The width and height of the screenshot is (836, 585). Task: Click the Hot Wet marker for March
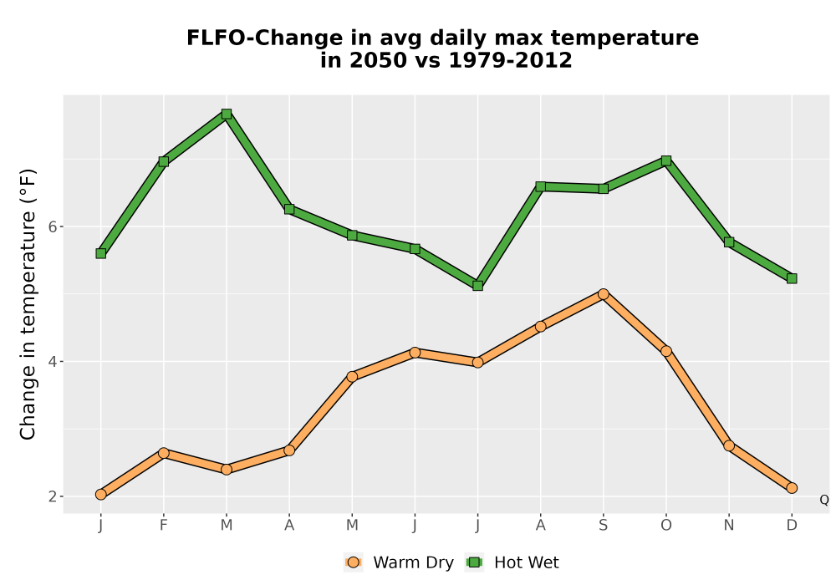(x=227, y=114)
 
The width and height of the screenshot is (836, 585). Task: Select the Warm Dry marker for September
(x=604, y=294)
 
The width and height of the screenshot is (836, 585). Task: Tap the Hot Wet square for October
(x=666, y=161)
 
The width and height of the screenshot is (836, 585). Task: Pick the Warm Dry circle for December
(x=792, y=488)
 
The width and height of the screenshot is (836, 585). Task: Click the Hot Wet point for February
(x=164, y=161)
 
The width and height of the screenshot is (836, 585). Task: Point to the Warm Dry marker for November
(x=729, y=445)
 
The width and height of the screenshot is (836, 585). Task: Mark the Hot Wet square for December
(x=792, y=278)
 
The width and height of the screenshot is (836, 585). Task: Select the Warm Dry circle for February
(x=164, y=453)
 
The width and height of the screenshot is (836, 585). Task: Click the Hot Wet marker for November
(x=729, y=242)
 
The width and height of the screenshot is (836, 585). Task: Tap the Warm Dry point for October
(x=666, y=351)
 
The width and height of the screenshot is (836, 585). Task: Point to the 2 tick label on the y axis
(x=52, y=496)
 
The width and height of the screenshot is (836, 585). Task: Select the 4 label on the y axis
(x=52, y=362)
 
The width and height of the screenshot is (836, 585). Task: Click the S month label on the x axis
(x=604, y=526)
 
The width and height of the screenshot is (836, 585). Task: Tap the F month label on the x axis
(x=164, y=526)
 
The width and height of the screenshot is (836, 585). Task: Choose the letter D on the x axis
(x=792, y=526)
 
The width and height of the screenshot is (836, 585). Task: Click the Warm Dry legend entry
(x=399, y=562)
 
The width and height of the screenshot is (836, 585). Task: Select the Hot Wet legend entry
(x=512, y=562)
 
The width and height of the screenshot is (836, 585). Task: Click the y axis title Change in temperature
(x=28, y=304)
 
